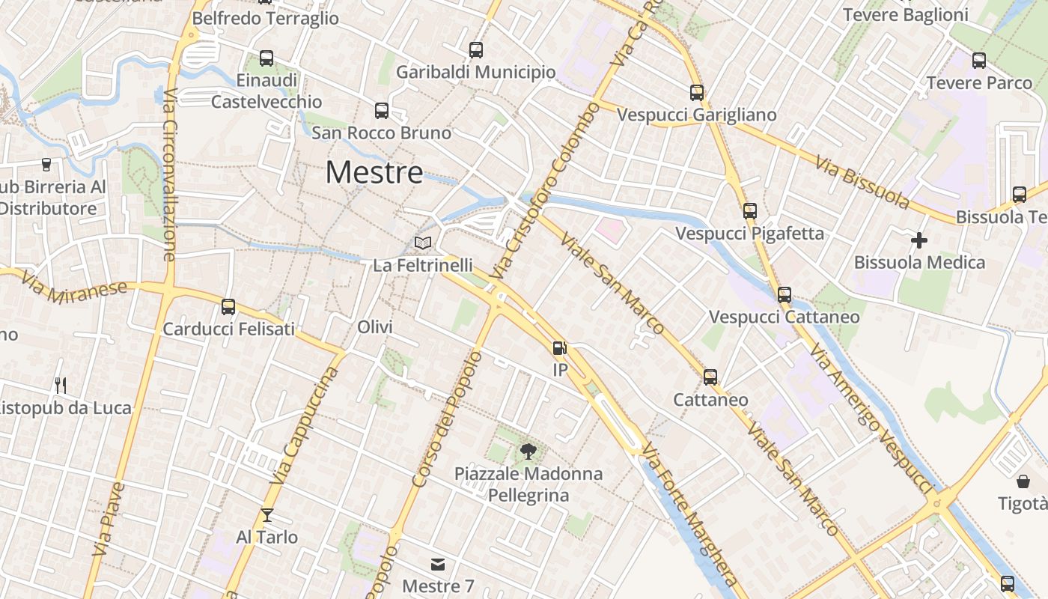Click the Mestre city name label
pyautogui.click(x=374, y=173)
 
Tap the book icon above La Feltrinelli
pyautogui.click(x=423, y=243)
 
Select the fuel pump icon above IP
pyautogui.click(x=559, y=348)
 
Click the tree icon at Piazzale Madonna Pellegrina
pyautogui.click(x=528, y=451)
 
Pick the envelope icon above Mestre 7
pyautogui.click(x=437, y=564)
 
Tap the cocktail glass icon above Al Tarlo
pyautogui.click(x=266, y=515)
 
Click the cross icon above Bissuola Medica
pyautogui.click(x=919, y=240)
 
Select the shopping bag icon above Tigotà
pyautogui.click(x=1023, y=481)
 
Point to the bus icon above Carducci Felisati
pyautogui.click(x=228, y=306)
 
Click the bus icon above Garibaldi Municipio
pyautogui.click(x=476, y=50)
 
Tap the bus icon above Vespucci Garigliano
pyautogui.click(x=697, y=93)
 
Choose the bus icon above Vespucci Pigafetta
pyautogui.click(x=750, y=211)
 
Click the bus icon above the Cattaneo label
pyautogui.click(x=710, y=377)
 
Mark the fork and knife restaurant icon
pyautogui.click(x=61, y=386)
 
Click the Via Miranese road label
pyautogui.click(x=74, y=291)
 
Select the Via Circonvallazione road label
pyautogui.click(x=169, y=175)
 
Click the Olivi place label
pyautogui.click(x=375, y=327)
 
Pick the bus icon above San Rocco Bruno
pyautogui.click(x=382, y=111)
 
